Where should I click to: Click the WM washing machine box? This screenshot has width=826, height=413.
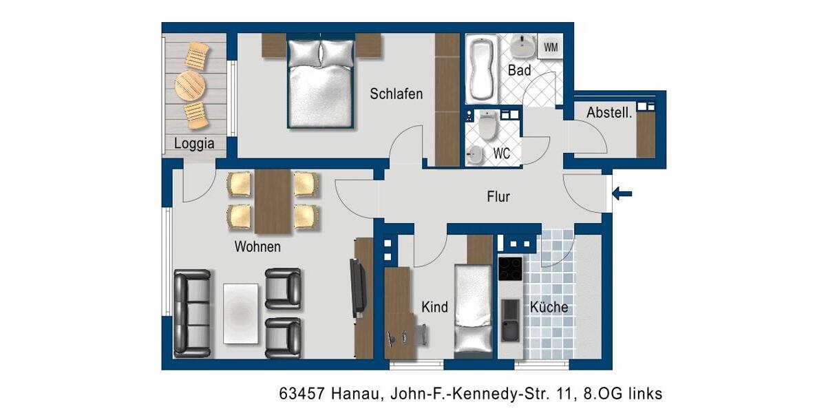(x=551, y=47)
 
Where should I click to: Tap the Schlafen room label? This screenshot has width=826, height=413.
(x=396, y=94)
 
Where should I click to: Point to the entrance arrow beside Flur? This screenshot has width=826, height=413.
(x=622, y=194)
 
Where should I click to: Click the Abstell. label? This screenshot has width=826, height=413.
(x=608, y=113)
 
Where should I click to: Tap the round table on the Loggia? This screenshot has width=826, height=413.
(x=190, y=85)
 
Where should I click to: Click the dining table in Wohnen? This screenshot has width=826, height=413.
(x=273, y=201)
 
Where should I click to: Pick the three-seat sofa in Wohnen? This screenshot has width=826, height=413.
(x=191, y=313)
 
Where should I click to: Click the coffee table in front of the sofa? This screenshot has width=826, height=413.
(x=241, y=313)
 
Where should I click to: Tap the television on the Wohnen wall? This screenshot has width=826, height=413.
(x=357, y=288)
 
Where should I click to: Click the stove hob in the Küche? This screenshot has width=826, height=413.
(x=511, y=268)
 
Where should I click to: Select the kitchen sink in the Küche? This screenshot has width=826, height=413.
(x=510, y=320)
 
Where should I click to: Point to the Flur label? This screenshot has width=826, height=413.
(x=498, y=198)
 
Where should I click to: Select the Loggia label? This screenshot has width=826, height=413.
(x=194, y=144)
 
